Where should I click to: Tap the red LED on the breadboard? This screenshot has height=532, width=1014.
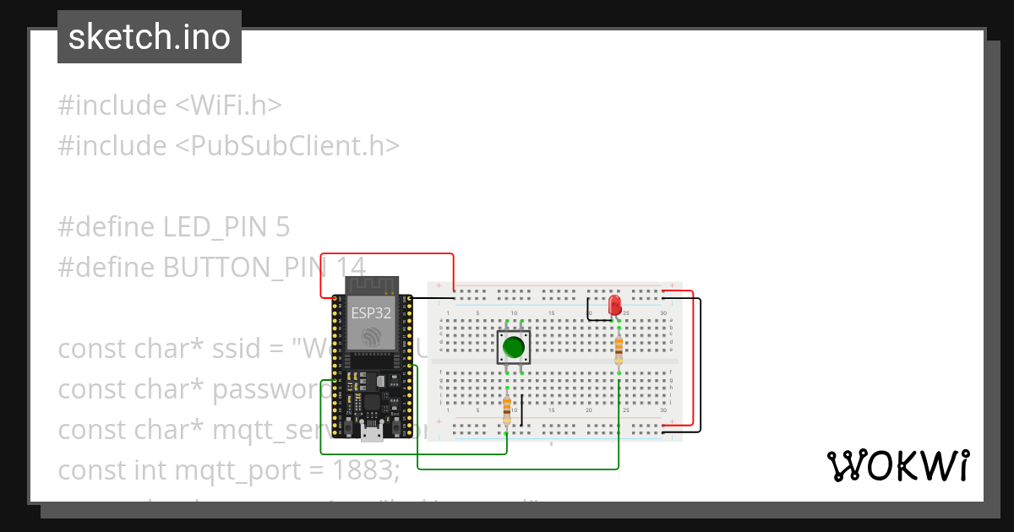pyautogui.click(x=614, y=305)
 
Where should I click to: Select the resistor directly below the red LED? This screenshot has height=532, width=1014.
pyautogui.click(x=619, y=347)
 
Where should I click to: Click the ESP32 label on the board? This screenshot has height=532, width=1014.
pyautogui.click(x=372, y=312)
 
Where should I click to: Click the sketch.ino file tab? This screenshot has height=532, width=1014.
pyautogui.click(x=150, y=37)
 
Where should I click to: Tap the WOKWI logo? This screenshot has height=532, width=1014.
pyautogui.click(x=897, y=465)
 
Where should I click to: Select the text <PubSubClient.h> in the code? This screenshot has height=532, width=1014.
pyautogui.click(x=287, y=146)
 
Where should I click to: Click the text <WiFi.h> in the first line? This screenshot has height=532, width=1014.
pyautogui.click(x=228, y=106)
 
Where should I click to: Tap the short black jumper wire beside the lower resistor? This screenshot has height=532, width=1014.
pyautogui.click(x=521, y=410)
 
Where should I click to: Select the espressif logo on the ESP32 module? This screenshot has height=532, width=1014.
pyautogui.click(x=372, y=337)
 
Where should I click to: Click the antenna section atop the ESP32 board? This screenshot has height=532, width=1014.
pyautogui.click(x=372, y=285)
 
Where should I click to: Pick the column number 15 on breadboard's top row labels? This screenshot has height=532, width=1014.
pyautogui.click(x=551, y=314)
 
